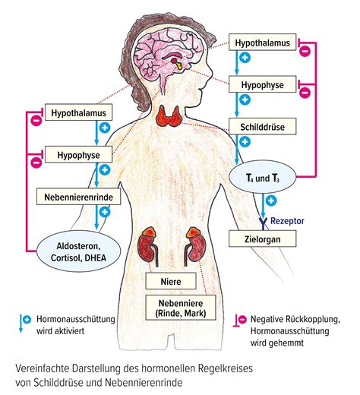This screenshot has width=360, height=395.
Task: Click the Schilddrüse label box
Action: click(263, 126)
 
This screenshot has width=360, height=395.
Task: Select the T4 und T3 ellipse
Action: click(263, 177)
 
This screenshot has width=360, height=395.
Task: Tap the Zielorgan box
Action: click(263, 239)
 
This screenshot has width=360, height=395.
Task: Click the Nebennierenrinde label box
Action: click(79, 196)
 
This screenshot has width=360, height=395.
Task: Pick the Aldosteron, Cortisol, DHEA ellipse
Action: click(78, 251)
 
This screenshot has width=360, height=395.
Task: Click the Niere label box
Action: click(171, 281)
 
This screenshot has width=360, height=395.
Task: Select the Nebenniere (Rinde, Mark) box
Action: click(181, 308)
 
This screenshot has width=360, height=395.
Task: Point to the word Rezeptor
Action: click(287, 221)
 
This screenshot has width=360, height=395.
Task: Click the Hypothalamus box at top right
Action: click(263, 42)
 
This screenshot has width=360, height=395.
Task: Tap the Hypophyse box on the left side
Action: click(78, 154)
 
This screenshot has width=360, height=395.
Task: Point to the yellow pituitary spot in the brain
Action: click(179, 66)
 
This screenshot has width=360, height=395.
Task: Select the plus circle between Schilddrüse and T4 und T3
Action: click(245, 142)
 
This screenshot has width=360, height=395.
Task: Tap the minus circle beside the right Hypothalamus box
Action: click(305, 51)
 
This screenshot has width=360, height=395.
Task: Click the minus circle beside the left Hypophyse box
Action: click(36, 163)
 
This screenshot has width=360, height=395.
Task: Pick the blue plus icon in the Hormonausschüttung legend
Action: click(27, 320)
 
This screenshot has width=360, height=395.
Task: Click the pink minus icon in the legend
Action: click(242, 320)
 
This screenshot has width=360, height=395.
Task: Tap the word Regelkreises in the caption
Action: click(225, 368)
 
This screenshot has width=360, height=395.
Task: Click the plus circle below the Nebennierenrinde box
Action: click(105, 212)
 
